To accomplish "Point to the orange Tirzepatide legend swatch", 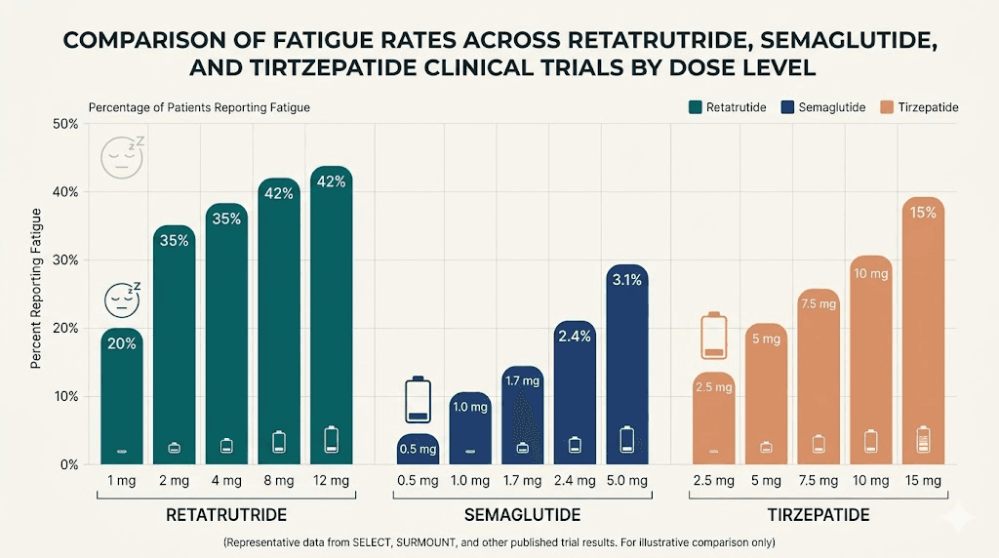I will pos(887,107).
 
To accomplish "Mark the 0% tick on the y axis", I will pos(68,465).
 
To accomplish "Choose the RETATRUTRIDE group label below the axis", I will pos(225,515).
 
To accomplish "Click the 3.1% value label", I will pos(626,281).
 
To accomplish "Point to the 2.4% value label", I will pos(575,337).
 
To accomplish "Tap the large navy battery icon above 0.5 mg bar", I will pos(419,399).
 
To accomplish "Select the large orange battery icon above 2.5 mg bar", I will pos(715,336).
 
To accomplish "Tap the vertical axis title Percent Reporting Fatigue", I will pos(36,288).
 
